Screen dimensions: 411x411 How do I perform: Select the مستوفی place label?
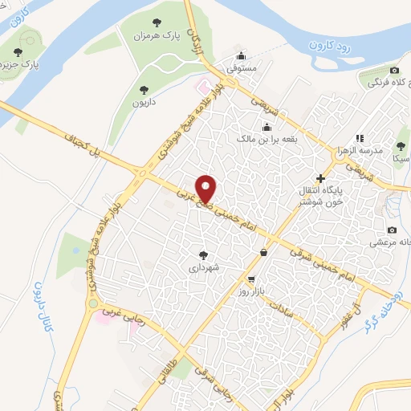coord(242,69)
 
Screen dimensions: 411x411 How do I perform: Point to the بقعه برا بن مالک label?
coord(267,138)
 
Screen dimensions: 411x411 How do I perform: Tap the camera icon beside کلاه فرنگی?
coord(394,71)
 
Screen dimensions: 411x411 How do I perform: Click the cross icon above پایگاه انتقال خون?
coord(320,177)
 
